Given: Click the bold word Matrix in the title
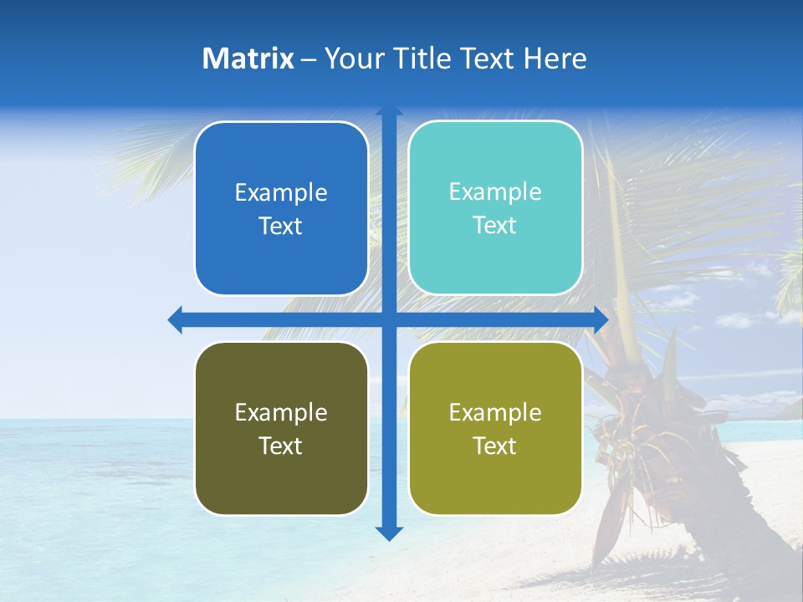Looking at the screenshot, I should click(x=248, y=59).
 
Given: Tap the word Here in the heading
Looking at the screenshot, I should click(x=555, y=59).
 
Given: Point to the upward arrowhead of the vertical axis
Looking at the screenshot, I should click(x=389, y=110).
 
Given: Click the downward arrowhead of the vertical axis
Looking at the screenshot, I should click(x=389, y=533).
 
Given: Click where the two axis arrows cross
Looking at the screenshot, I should click(x=389, y=319).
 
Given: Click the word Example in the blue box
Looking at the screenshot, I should click(x=281, y=193).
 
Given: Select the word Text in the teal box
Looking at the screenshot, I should click(x=494, y=225).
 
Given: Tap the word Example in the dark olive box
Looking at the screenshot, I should click(x=281, y=412).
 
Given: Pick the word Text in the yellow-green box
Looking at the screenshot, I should click(x=494, y=446).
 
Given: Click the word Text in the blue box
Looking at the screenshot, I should click(x=280, y=226).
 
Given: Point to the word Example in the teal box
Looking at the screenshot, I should click(x=495, y=192).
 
